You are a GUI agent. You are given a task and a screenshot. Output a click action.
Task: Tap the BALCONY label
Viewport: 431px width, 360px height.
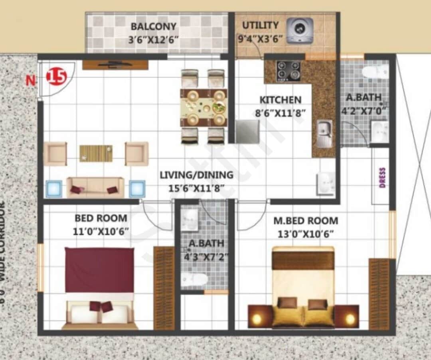click(154, 27)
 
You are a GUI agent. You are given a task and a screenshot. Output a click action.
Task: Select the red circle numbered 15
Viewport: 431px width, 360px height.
click(56, 77)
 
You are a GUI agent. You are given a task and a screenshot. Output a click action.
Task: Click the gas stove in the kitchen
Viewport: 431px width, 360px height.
click(288, 71)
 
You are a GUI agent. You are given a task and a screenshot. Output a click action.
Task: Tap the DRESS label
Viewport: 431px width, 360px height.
click(382, 178)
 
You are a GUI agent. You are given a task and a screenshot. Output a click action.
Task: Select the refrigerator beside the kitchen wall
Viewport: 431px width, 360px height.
click(247, 132)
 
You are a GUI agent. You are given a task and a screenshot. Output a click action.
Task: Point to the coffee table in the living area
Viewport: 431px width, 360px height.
click(96, 153)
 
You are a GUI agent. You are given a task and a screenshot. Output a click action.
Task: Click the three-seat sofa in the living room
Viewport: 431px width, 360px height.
click(95, 187)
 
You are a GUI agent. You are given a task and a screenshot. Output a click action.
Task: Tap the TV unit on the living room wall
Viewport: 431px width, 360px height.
click(115, 65)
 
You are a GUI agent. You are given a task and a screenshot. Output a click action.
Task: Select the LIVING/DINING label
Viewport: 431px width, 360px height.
click(196, 175)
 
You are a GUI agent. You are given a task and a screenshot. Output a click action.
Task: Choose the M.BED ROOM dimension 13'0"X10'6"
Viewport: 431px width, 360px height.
click(305, 234)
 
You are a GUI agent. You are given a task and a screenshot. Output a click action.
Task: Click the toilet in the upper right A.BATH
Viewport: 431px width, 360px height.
click(375, 72)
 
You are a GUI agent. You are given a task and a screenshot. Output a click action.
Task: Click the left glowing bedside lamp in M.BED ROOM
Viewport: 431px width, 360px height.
click(257, 318)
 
